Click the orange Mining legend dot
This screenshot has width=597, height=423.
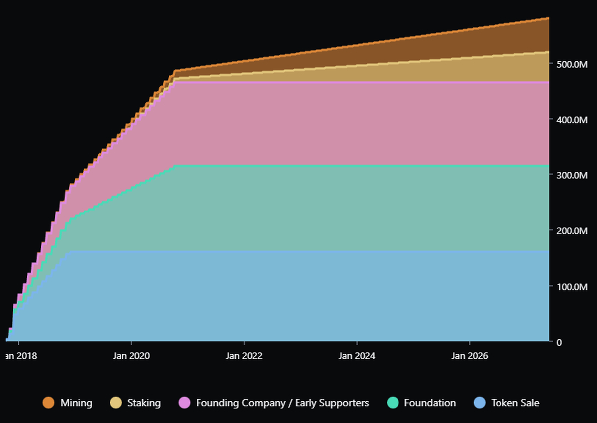click(48, 403)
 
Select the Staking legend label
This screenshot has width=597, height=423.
click(144, 403)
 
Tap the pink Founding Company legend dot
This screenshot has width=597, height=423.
click(184, 403)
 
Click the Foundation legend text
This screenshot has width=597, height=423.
click(430, 403)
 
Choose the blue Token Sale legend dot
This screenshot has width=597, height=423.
click(479, 403)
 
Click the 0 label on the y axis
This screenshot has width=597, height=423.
click(559, 342)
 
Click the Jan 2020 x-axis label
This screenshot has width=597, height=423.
click(131, 356)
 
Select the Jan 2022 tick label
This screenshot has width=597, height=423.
click(244, 356)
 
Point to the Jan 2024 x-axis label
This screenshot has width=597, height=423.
click(357, 356)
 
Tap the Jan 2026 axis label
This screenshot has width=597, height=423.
click(470, 356)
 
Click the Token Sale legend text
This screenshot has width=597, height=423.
click(515, 403)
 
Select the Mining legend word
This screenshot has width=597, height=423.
click(76, 403)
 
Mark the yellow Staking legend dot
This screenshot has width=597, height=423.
click(116, 403)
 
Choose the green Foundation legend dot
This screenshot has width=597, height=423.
click(393, 403)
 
